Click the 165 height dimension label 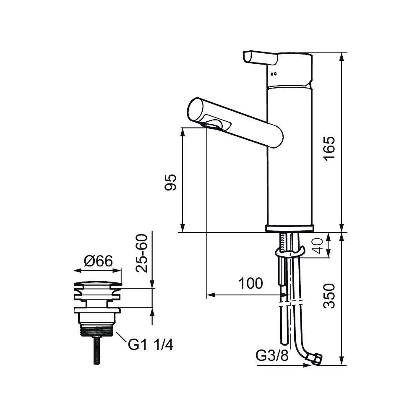point(330,148)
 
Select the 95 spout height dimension point(171,183)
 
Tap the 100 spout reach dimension point(250,284)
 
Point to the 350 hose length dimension point(330,296)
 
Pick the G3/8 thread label point(272,356)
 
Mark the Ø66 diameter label point(98,262)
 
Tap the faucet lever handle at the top point(260,58)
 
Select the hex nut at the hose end point(315,359)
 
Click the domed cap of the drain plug point(97,284)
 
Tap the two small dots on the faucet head point(274,75)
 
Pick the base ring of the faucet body point(290,228)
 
